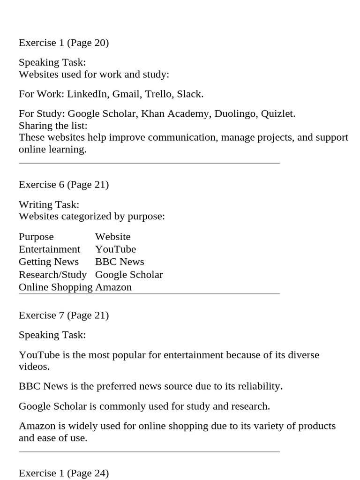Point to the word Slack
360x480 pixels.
pos(190,94)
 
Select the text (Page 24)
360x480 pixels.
pos(88,473)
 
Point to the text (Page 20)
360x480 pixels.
pos(88,43)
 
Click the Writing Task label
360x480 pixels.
pos(49,204)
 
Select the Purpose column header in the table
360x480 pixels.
pos(36,237)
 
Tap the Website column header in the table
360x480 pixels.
pos(112,237)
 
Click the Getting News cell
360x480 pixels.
pos(49,262)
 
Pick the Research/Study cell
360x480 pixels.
pos(52,274)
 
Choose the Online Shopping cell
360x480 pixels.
pos(56,287)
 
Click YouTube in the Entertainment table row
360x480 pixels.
pos(115,249)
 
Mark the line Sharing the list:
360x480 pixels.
pos(53,126)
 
